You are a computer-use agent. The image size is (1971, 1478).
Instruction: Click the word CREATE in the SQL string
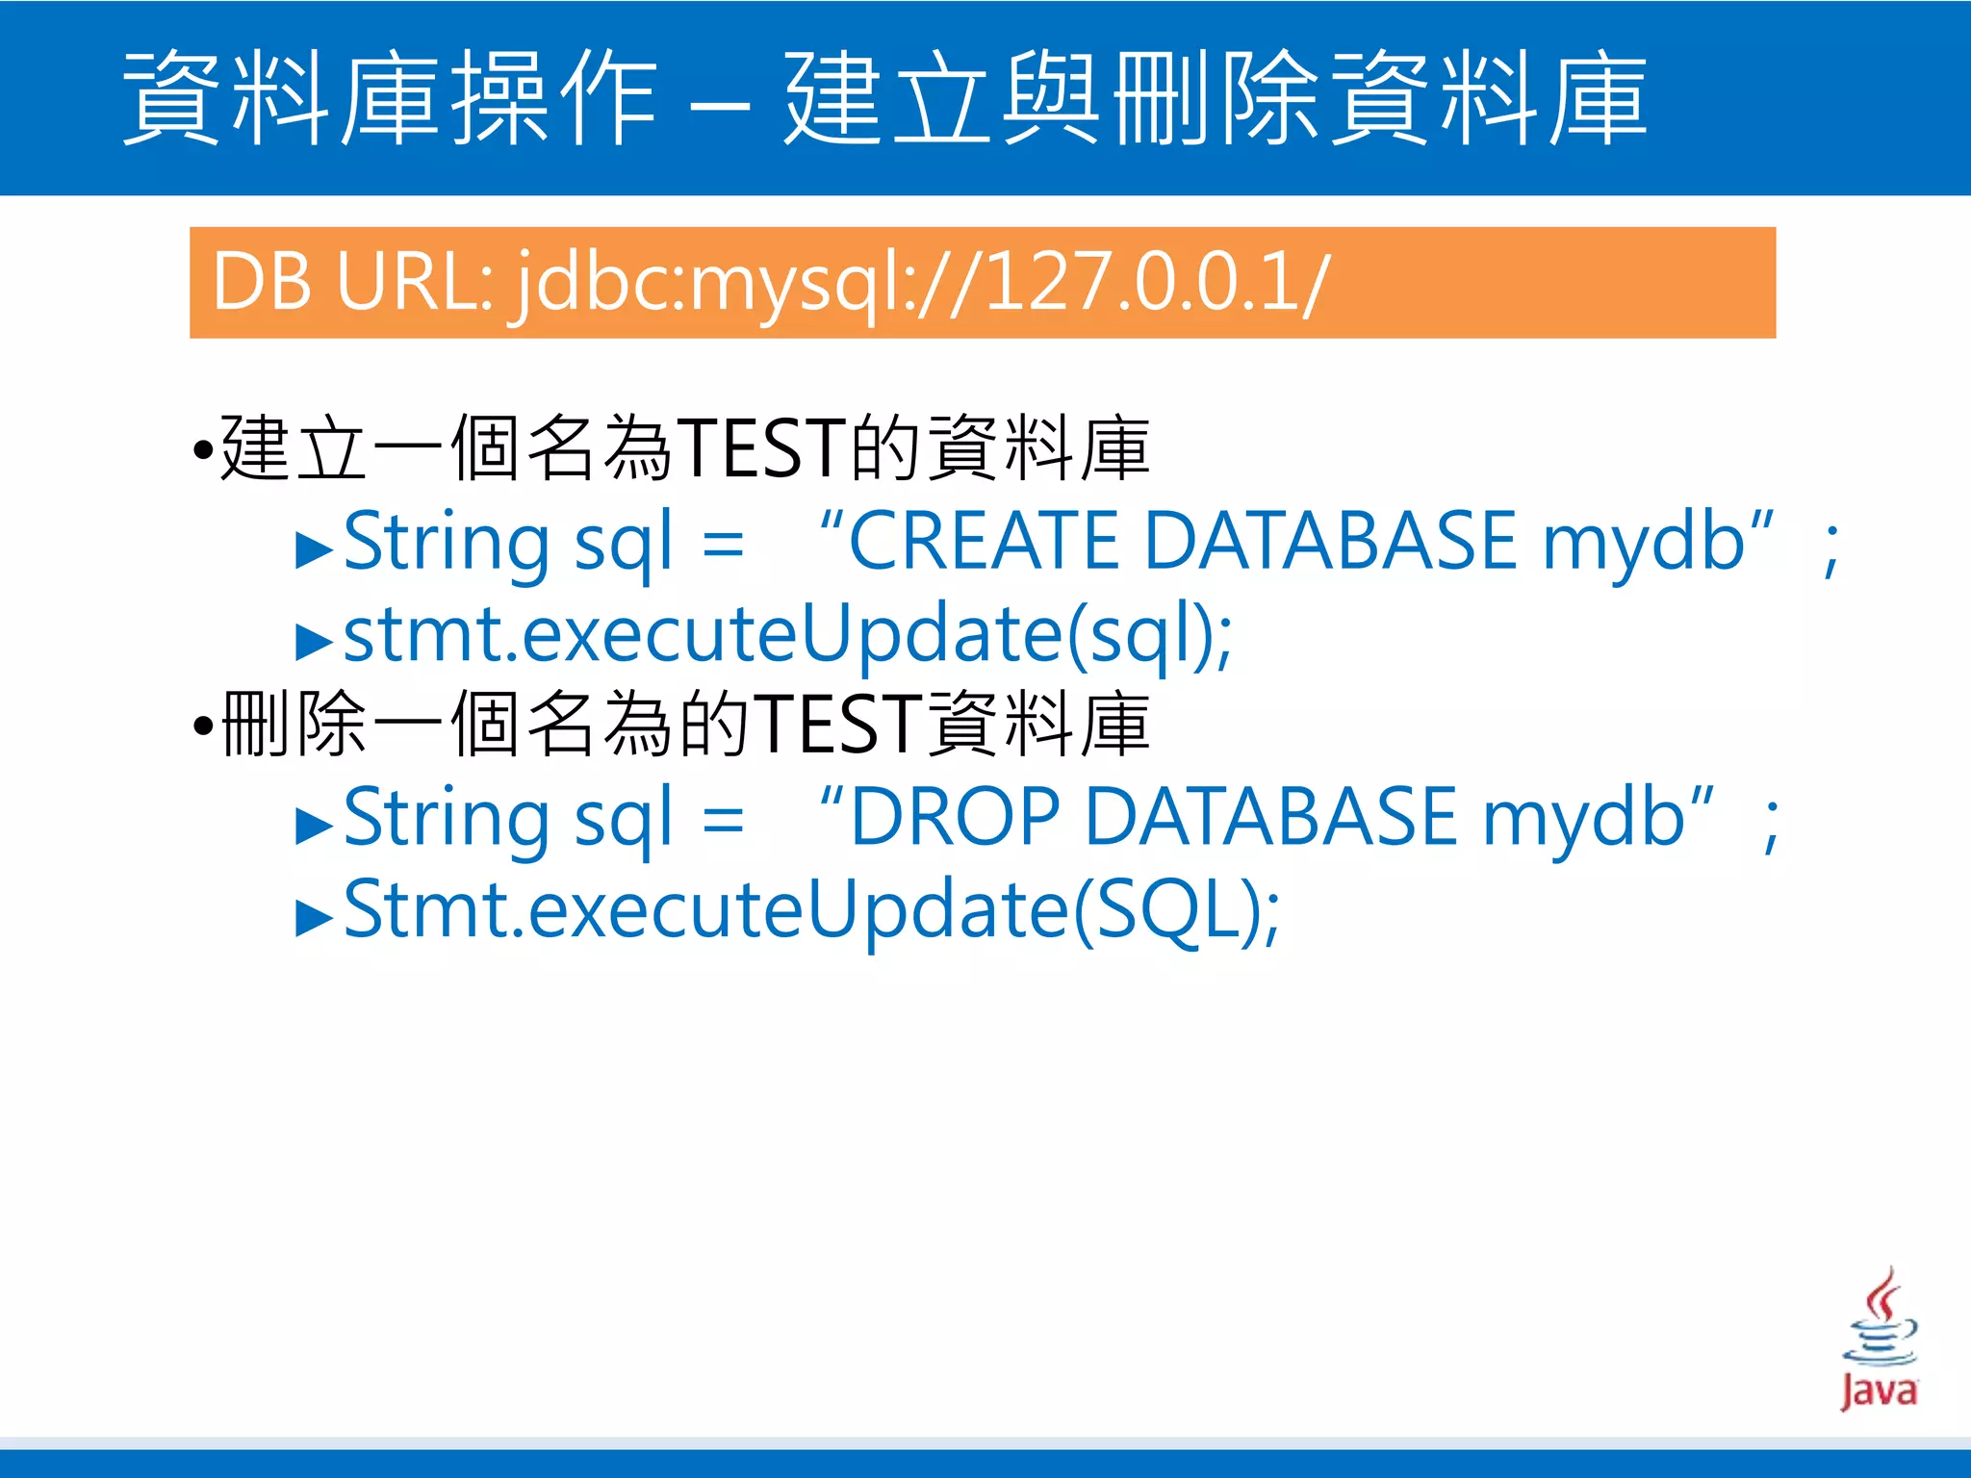click(983, 542)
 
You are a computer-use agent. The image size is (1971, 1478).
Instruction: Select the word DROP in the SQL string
click(955, 817)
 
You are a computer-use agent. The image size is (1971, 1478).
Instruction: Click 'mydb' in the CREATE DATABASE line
click(1644, 544)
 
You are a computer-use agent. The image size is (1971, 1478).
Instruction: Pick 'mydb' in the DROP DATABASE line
click(1583, 819)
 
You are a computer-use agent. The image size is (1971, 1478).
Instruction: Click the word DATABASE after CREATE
click(1333, 542)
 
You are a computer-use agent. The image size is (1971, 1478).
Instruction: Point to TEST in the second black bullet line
click(837, 725)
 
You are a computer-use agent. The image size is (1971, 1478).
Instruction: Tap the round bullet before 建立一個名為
click(202, 449)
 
